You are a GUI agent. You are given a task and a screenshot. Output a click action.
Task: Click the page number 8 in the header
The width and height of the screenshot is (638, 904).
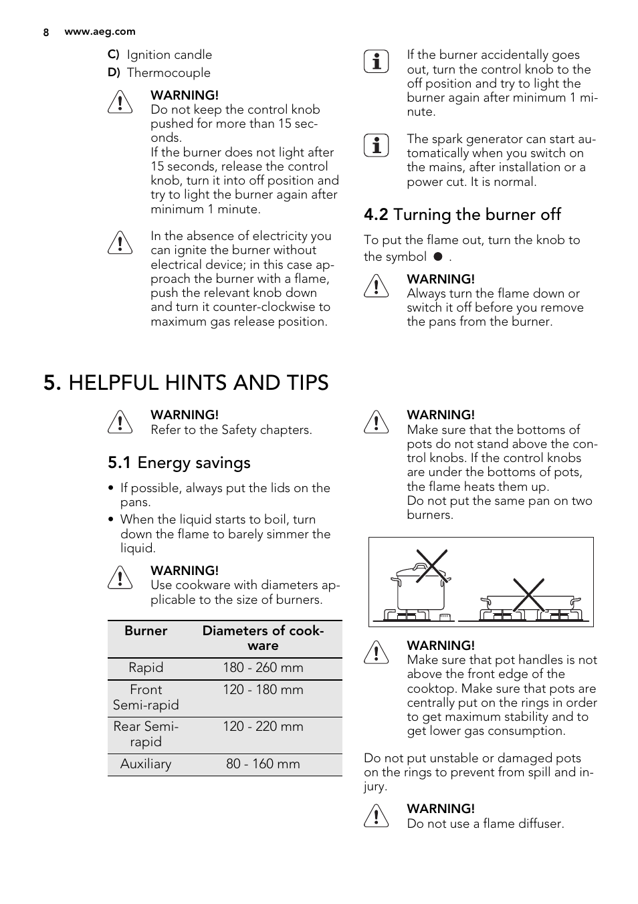pyautogui.click(x=46, y=32)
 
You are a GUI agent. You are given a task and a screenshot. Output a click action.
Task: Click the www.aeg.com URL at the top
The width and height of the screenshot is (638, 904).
pyautogui.click(x=100, y=31)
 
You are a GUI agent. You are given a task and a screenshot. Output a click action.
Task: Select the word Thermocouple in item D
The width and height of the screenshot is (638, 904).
pyautogui.click(x=169, y=73)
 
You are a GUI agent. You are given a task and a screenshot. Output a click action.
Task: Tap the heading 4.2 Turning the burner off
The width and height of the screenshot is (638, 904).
pyautogui.click(x=462, y=215)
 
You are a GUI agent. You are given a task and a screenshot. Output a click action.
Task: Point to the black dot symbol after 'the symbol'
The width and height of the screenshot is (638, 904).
pyautogui.click(x=438, y=257)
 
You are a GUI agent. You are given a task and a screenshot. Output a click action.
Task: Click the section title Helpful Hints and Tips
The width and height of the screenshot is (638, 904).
pyautogui.click(x=186, y=382)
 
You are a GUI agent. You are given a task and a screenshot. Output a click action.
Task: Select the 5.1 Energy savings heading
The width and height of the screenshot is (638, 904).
pyautogui.click(x=179, y=463)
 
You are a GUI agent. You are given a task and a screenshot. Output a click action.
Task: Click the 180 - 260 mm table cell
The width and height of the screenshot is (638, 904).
pyautogui.click(x=263, y=668)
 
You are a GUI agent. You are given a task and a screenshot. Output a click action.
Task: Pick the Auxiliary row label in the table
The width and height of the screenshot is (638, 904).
pyautogui.click(x=146, y=764)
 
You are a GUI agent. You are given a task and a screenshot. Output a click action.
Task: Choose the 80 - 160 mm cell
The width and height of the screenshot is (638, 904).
pyautogui.click(x=263, y=764)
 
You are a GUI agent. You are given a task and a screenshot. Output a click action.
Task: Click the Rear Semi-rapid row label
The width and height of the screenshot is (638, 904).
pyautogui.click(x=146, y=734)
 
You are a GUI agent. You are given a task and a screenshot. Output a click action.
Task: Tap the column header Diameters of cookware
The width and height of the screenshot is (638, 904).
pyautogui.click(x=263, y=638)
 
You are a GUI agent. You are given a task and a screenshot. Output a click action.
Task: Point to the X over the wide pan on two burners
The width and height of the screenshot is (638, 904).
pyautogui.click(x=528, y=594)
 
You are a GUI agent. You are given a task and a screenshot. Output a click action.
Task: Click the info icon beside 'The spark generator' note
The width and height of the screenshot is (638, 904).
pyautogui.click(x=377, y=146)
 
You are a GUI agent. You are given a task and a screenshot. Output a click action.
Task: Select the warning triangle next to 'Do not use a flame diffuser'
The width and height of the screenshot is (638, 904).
pyautogui.click(x=377, y=816)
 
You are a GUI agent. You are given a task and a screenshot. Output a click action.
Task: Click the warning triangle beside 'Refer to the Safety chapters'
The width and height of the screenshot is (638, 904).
pyautogui.click(x=120, y=423)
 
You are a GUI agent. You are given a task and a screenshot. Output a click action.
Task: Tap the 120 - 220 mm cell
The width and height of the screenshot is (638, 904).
pyautogui.click(x=263, y=727)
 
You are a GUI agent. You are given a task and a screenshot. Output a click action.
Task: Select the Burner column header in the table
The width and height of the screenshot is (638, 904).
pyautogui.click(x=146, y=631)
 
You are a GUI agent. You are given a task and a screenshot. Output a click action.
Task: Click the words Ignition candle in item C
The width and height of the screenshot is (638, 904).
pyautogui.click(x=169, y=55)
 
